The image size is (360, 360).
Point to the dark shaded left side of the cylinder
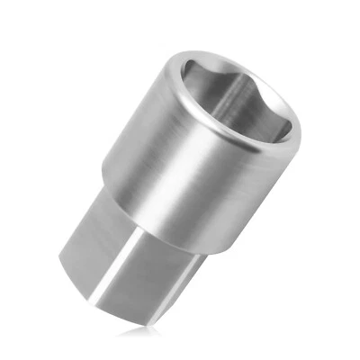point(126,153)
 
